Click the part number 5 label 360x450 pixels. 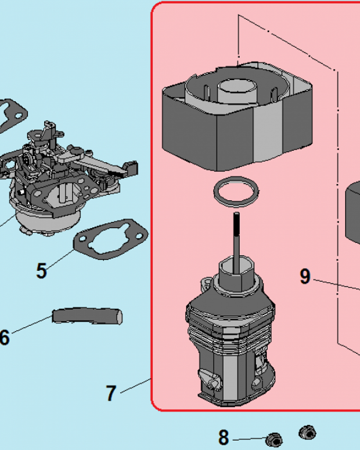tap(41, 271)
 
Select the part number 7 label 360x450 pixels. tap(111, 393)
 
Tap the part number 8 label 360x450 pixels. tap(224, 437)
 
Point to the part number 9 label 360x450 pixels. tap(305, 276)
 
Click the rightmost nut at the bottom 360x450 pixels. tap(307, 433)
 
